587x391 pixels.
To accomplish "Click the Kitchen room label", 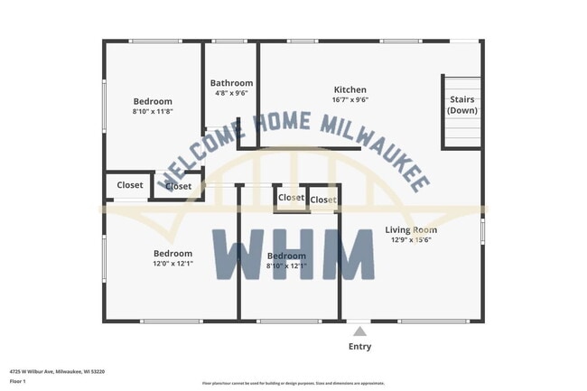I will click(x=350, y=89).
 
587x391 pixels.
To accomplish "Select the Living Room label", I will click(x=411, y=229).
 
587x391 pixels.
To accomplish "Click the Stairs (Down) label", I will click(x=462, y=105).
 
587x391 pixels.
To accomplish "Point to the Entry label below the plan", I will click(x=359, y=346).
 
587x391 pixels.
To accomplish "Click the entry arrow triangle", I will click(x=359, y=330).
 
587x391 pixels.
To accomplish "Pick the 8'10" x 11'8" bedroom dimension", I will click(x=153, y=112).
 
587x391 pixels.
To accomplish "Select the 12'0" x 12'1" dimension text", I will click(x=172, y=264).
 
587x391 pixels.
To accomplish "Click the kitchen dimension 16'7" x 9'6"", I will click(x=350, y=100).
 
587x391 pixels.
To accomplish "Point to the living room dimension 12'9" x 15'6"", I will click(x=411, y=240).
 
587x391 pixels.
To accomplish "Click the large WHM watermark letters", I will click(x=293, y=254).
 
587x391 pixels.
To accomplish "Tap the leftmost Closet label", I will click(x=130, y=185).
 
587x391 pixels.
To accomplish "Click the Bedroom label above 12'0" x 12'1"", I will click(x=172, y=253).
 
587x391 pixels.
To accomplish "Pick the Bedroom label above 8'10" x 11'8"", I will click(x=153, y=101).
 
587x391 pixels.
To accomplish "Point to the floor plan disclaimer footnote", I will click(x=293, y=384).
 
